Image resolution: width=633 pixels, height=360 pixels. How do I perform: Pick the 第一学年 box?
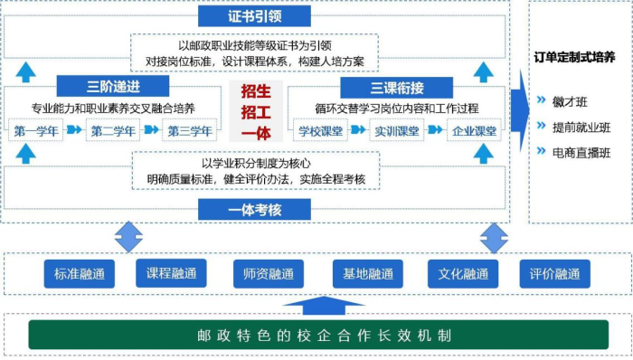tap(38, 131)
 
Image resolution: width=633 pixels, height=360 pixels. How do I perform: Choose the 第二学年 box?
tap(114, 131)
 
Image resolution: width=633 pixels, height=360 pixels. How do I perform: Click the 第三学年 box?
tap(189, 131)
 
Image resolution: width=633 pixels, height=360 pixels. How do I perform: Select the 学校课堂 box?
tap(321, 131)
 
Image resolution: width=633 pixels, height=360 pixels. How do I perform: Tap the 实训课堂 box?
tap(397, 131)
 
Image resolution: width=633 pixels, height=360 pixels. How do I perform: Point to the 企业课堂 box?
tap(473, 131)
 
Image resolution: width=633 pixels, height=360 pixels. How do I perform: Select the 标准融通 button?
tap(79, 273)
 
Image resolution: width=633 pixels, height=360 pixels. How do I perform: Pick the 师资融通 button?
tap(268, 273)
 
